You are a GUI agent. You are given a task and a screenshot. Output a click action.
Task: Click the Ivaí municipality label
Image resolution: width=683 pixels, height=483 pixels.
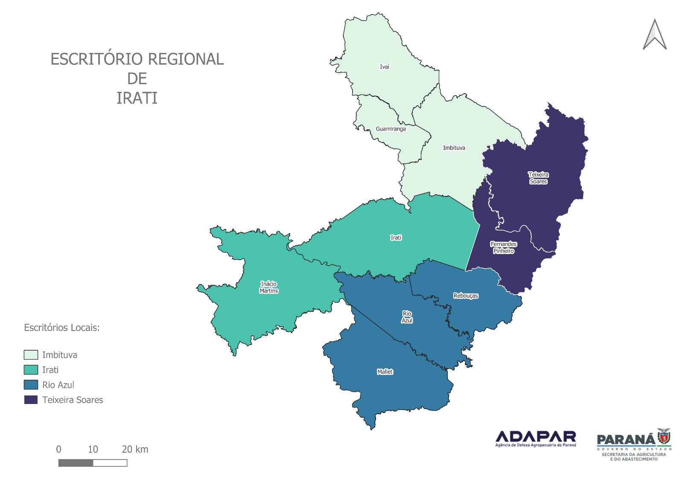click(x=385, y=67)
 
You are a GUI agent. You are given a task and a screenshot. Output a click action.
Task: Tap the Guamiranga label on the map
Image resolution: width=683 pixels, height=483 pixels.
click(x=391, y=129)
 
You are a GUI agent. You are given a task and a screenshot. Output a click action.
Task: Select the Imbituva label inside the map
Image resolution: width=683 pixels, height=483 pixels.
click(x=454, y=148)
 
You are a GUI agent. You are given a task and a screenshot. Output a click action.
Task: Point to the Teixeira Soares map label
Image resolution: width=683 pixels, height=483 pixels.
click(x=538, y=178)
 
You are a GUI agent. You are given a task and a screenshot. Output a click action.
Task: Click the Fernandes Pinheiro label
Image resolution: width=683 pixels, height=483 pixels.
click(x=503, y=248)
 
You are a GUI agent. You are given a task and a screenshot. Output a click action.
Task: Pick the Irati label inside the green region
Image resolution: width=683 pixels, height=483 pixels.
click(x=396, y=237)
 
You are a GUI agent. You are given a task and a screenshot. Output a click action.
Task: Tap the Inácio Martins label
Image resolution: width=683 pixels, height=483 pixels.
click(x=269, y=287)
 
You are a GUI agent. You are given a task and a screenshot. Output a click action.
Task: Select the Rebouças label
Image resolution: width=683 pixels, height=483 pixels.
click(x=466, y=296)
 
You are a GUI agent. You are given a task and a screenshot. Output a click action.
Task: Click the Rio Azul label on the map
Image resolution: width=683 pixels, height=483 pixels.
click(x=407, y=317)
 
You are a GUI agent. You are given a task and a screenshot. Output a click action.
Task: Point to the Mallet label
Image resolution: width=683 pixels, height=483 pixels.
click(x=385, y=372)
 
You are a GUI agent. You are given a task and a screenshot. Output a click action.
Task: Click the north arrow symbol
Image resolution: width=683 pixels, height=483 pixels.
click(x=654, y=35)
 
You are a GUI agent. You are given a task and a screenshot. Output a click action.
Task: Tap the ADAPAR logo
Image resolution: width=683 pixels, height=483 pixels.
click(x=535, y=439)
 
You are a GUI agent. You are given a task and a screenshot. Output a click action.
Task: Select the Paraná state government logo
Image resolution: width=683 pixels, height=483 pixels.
click(x=634, y=445)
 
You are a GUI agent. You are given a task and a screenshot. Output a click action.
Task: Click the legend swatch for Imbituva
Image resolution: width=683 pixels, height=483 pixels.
click(x=31, y=355)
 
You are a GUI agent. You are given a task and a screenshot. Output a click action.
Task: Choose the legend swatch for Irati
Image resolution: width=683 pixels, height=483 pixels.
click(x=31, y=370)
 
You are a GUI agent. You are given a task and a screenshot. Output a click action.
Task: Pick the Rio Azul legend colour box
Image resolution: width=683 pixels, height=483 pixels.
click(x=31, y=385)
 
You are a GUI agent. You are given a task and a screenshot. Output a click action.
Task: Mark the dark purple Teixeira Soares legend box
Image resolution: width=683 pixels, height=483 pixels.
click(x=31, y=400)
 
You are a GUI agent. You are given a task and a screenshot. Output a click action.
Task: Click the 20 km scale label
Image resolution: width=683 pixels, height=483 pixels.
click(x=135, y=449)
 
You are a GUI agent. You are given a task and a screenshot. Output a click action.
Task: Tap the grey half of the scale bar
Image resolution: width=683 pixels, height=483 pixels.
click(x=76, y=463)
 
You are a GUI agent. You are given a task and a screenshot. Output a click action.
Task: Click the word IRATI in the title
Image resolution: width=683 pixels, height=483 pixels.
click(x=137, y=98)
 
